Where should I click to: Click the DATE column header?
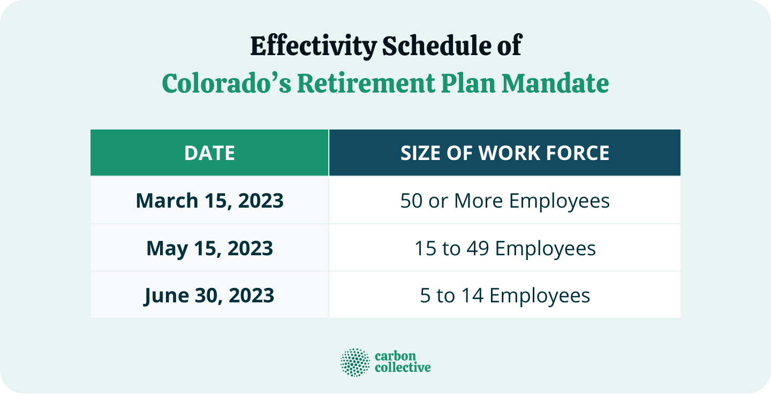point(209,154)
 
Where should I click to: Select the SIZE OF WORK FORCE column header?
point(505,154)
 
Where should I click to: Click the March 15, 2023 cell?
point(209,201)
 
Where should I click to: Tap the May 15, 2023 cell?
point(209,248)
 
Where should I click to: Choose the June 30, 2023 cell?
point(209,295)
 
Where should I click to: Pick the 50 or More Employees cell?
point(505,201)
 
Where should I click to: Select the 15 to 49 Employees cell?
point(505,248)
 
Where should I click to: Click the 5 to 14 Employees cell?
point(505,295)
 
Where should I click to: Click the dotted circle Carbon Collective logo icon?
point(355,362)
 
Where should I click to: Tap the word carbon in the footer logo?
point(395,356)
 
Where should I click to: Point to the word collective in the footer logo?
point(402,368)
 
